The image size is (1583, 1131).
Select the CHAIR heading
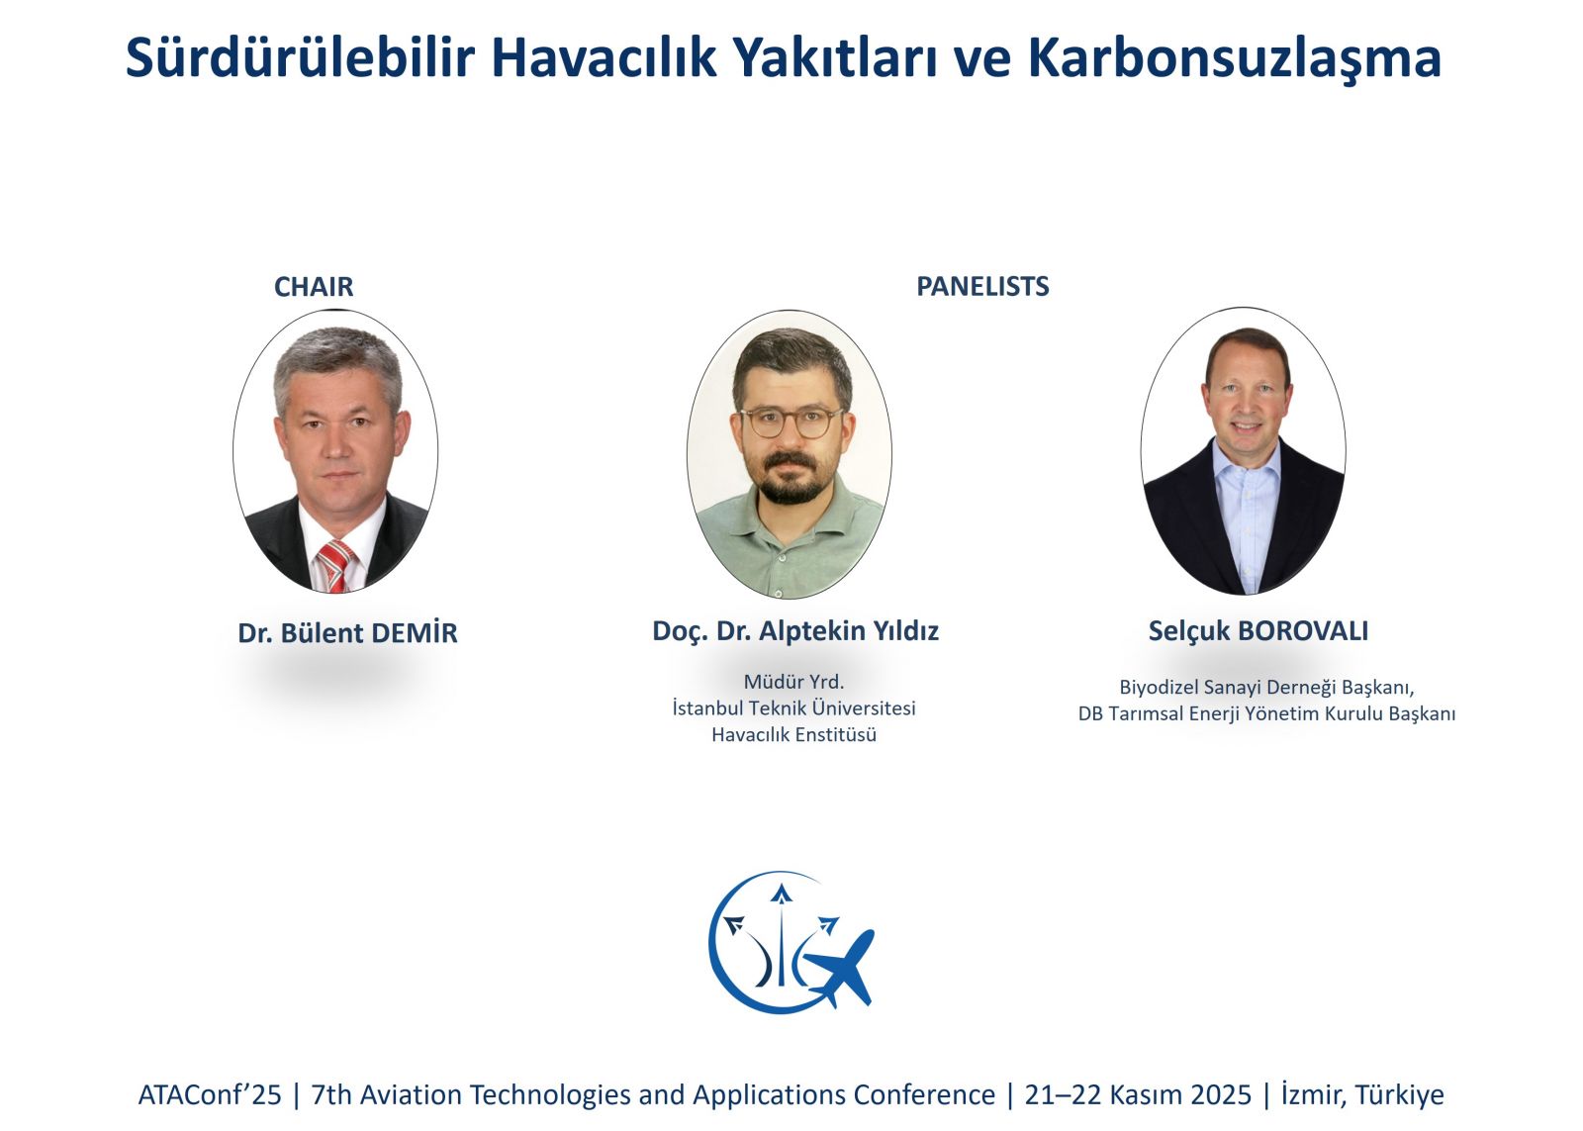(x=313, y=286)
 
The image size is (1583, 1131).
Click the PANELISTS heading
(x=982, y=286)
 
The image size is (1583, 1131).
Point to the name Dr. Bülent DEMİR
(x=347, y=632)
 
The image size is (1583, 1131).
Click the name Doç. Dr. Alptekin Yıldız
(x=795, y=630)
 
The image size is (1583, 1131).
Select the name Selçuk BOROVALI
(x=1257, y=630)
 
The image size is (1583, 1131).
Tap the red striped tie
(x=335, y=566)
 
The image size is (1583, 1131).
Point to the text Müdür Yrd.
(x=793, y=682)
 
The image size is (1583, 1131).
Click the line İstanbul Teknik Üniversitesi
(x=793, y=707)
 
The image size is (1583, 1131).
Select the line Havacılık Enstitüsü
(x=793, y=734)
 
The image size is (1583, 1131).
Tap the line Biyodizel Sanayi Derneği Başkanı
(x=1266, y=687)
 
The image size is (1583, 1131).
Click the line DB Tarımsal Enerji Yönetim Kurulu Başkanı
(x=1266, y=713)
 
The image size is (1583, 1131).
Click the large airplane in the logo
(x=841, y=967)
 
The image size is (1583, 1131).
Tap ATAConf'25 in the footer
(x=210, y=1095)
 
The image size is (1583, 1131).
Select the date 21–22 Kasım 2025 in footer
(x=1138, y=1095)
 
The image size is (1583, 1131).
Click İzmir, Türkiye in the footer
(x=1362, y=1095)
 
